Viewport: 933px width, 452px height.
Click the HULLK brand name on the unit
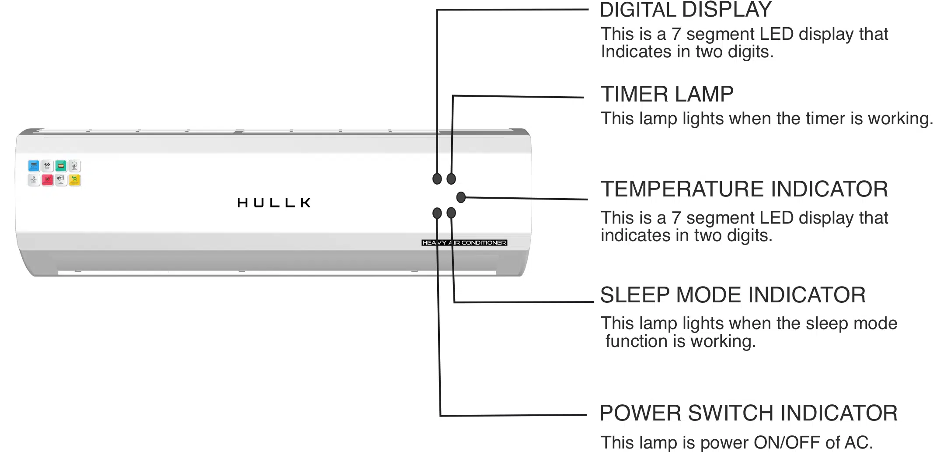[274, 203]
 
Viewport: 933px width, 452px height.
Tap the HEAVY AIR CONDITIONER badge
[464, 242]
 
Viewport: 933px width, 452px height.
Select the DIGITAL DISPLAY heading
[685, 10]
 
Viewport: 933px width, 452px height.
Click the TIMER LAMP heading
[667, 94]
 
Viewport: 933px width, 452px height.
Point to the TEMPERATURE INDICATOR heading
[744, 189]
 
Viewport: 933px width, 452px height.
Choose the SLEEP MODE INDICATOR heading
[733, 295]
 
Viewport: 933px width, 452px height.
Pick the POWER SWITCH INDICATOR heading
[748, 413]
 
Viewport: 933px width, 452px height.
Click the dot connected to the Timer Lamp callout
[451, 179]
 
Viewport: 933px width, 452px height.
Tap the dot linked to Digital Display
[437, 179]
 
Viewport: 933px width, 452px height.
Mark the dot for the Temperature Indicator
[461, 197]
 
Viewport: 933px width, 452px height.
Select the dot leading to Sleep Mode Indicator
[451, 213]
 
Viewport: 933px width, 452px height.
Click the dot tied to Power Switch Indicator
[437, 213]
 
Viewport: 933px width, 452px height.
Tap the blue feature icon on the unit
[34, 166]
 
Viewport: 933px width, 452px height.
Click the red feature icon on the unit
[47, 179]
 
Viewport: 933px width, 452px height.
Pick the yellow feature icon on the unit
[75, 180]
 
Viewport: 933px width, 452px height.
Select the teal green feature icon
[61, 166]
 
